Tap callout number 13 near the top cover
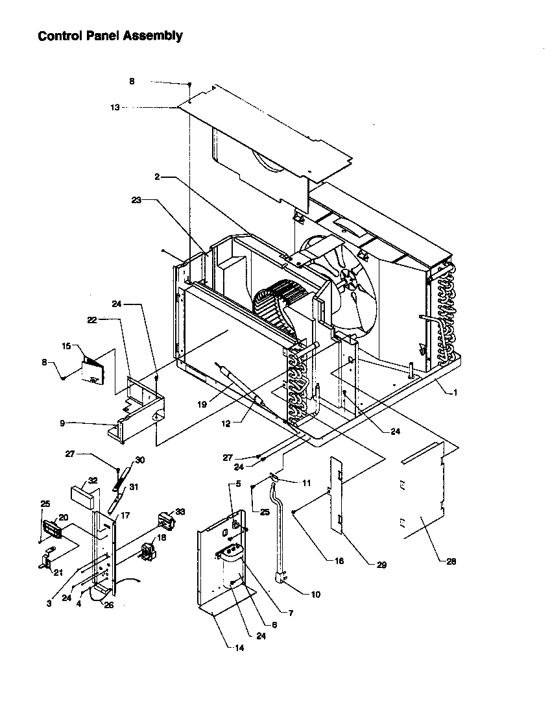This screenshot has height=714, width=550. pos(115,108)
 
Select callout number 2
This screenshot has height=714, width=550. pos(157,177)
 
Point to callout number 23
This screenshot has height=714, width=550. pos(136,201)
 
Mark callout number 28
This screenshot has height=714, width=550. pos(451,561)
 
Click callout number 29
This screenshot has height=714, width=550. pos(381,565)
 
